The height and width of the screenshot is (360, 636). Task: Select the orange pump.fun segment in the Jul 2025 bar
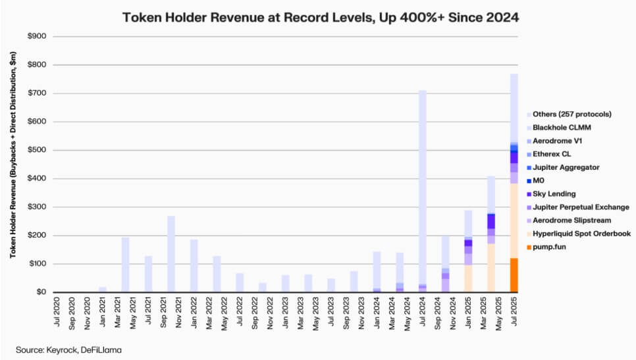coord(514,275)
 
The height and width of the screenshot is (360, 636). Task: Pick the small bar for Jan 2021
coord(103,290)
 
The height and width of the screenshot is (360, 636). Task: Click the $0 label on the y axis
coord(41,292)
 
